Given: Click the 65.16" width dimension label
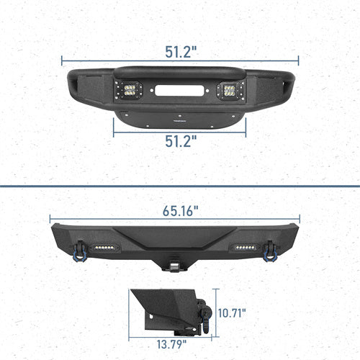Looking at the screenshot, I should pyautogui.click(x=176, y=211).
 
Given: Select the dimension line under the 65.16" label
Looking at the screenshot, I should pyautogui.click(x=176, y=221).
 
